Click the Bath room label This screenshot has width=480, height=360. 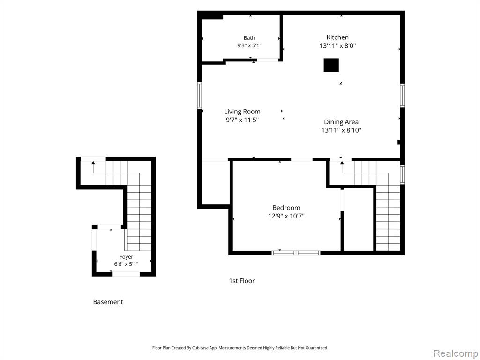click(249, 38)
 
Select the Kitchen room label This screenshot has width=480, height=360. click(337, 37)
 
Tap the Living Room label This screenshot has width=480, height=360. click(242, 112)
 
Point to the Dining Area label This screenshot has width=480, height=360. click(341, 122)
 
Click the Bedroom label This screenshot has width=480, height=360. click(286, 208)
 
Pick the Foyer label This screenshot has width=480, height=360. click(126, 257)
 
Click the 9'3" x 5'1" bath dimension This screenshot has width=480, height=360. click(249, 45)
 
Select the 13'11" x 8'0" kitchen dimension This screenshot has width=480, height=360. click(337, 45)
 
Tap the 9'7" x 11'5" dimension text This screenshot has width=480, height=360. click(242, 120)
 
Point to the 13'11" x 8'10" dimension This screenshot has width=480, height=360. click(341, 130)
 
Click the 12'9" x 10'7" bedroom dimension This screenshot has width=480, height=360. click(286, 216)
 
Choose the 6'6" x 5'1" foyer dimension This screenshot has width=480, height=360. click(126, 264)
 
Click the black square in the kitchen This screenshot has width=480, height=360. click(331, 65)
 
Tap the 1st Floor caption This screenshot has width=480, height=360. click(242, 281)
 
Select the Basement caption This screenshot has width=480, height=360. click(108, 302)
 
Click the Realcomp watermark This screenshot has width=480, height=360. click(456, 353)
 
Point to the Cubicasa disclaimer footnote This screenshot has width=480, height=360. click(240, 348)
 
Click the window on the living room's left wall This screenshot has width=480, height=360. click(200, 96)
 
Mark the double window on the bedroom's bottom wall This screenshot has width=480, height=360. click(296, 253)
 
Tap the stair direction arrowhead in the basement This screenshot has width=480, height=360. click(93, 163)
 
